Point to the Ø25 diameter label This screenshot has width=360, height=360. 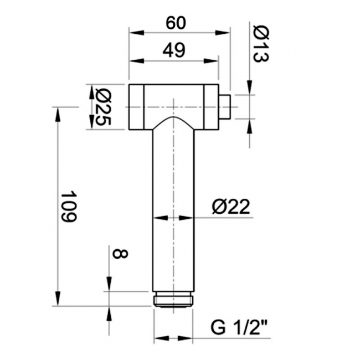point(101,107)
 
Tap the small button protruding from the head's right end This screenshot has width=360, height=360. point(224,106)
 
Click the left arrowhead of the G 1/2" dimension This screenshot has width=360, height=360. point(159,337)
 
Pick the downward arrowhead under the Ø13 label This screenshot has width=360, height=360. point(249,88)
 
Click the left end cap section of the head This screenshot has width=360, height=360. point(137,107)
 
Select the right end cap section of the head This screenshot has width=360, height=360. point(211,107)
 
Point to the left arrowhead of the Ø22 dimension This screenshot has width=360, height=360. point(158,218)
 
